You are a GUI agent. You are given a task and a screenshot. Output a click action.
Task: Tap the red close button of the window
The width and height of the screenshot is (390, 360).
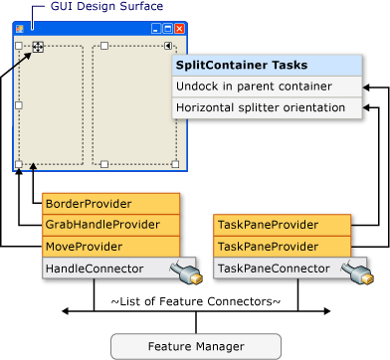(179, 29)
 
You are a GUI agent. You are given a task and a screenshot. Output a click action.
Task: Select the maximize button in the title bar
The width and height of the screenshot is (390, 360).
(168, 29)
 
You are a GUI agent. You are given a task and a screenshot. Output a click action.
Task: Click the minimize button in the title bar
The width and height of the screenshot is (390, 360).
(157, 29)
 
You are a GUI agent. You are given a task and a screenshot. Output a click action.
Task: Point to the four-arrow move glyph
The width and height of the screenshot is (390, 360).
(37, 46)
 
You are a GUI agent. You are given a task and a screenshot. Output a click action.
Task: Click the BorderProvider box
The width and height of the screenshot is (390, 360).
(110, 203)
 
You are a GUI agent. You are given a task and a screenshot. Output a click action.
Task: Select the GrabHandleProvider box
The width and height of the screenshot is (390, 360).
(110, 225)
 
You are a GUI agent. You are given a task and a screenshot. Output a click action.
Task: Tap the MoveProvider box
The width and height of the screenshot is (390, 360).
(110, 246)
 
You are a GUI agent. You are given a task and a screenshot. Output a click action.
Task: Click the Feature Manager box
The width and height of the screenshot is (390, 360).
(195, 345)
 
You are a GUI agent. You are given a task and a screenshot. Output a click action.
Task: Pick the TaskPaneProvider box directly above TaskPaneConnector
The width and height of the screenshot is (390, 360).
(283, 246)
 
